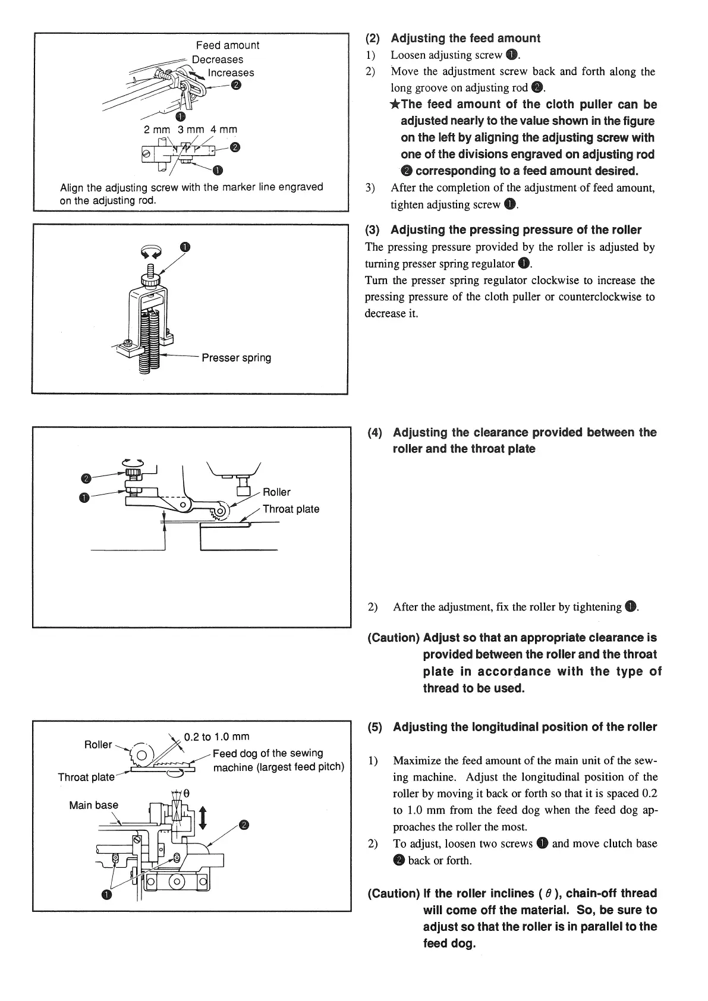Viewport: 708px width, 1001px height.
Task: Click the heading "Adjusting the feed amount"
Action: coord(465,39)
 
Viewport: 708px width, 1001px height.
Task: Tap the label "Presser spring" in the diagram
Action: coord(236,358)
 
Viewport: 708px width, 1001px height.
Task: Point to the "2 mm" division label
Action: coord(157,129)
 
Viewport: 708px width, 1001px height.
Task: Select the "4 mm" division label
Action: coord(224,129)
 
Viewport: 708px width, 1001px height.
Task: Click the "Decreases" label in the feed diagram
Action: coord(217,59)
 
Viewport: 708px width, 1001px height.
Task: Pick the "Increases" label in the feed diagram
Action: coord(231,73)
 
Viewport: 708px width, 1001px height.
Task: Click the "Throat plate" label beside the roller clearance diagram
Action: coord(291,509)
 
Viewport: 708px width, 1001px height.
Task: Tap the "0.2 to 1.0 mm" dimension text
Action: coord(216,737)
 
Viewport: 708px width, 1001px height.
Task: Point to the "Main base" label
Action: coord(93,805)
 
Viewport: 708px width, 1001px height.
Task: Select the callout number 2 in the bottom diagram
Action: coord(244,824)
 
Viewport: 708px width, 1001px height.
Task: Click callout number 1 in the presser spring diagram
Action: coord(185,247)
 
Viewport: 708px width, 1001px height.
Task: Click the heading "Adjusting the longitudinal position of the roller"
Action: coord(525,727)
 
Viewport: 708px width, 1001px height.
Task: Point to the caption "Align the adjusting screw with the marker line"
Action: coord(191,193)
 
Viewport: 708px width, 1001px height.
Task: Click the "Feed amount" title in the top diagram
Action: coord(228,45)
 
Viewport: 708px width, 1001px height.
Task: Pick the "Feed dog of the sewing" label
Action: coord(268,753)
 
